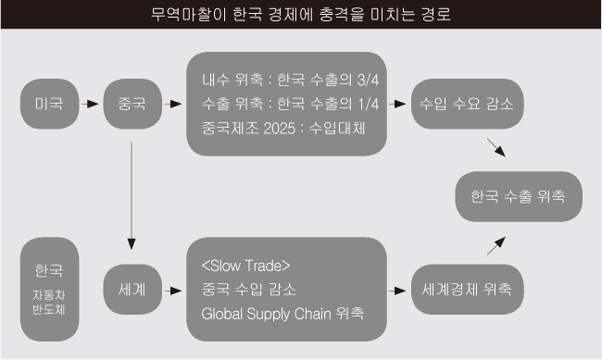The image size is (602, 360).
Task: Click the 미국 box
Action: (49, 104)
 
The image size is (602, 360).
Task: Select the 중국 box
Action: (132, 104)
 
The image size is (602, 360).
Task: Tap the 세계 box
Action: (132, 290)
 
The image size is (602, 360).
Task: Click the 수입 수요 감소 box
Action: (467, 104)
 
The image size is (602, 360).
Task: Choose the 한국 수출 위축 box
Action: (519, 196)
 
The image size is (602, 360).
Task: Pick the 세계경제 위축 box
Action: (467, 290)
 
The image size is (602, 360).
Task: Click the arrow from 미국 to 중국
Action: (91, 104)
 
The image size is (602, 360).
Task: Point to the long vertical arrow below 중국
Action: (132, 196)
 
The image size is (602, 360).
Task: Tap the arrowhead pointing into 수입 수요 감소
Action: (400, 104)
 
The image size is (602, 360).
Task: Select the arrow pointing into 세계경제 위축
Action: (397, 291)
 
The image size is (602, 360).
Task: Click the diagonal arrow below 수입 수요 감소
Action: (496, 148)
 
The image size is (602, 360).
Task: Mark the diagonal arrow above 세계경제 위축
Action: (496, 245)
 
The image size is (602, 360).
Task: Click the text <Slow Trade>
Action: (245, 266)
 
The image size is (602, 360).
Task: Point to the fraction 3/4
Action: (368, 80)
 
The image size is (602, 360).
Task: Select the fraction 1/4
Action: (368, 104)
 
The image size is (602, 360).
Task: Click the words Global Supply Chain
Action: (266, 314)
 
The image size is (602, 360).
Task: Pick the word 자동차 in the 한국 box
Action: (49, 294)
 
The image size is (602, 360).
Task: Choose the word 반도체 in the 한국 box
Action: (49, 309)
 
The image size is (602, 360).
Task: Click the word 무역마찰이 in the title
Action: (188, 15)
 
